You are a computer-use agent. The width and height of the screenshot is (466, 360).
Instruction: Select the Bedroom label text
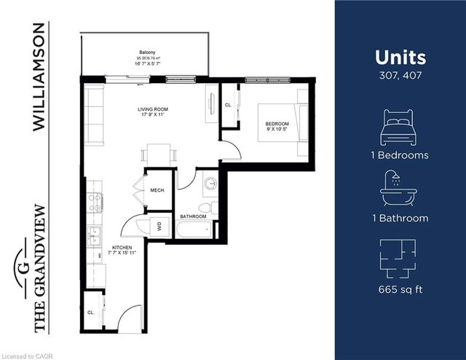(277, 124)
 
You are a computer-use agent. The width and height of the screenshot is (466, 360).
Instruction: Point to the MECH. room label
(158, 190)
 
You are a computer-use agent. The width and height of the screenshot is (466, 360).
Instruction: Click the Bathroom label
(193, 216)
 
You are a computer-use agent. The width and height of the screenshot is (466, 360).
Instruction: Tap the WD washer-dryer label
(158, 226)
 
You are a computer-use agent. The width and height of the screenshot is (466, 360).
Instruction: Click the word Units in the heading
(400, 58)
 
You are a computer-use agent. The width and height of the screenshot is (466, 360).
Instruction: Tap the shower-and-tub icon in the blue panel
(399, 190)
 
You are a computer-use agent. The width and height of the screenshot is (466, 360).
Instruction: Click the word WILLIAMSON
(39, 77)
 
